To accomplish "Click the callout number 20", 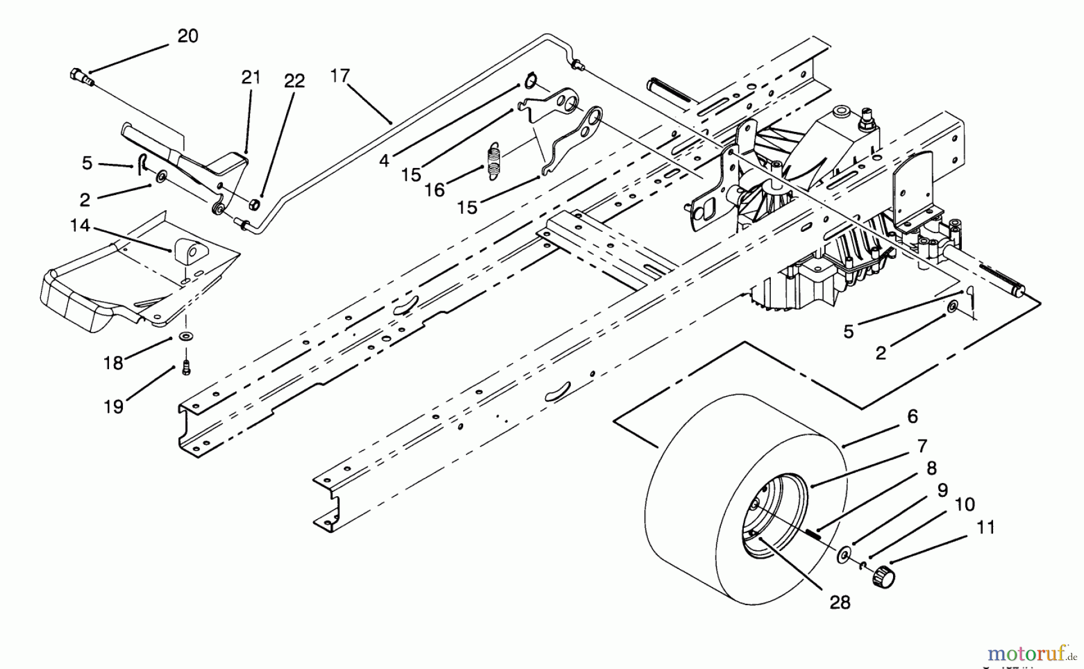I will click(x=187, y=37).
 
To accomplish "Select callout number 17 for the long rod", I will click(x=340, y=76).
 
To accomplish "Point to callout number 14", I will click(x=79, y=226).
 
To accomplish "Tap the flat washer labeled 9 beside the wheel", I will click(x=846, y=554).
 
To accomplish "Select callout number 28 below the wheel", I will click(x=839, y=602).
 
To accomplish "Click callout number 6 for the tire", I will click(x=912, y=416).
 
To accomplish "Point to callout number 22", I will click(x=294, y=81).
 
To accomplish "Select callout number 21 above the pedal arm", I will click(x=251, y=78).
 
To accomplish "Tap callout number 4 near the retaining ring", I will click(x=384, y=161).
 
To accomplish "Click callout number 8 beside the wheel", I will click(x=931, y=468).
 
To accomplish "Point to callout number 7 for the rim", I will click(x=922, y=446).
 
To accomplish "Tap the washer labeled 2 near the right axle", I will click(x=953, y=308).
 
